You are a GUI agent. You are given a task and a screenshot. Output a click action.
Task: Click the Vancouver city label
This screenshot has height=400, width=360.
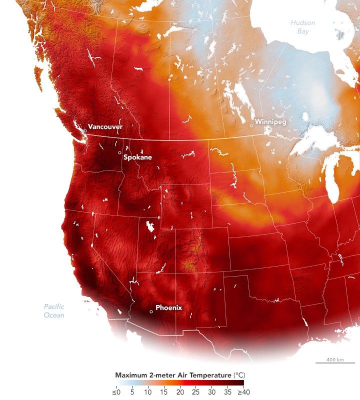(x=105, y=126)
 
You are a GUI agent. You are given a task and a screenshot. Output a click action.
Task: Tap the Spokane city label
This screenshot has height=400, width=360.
(x=137, y=157)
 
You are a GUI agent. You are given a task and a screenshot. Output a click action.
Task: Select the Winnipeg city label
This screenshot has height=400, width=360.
(x=270, y=121)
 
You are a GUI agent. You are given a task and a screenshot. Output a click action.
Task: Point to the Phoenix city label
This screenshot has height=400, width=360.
(x=168, y=307)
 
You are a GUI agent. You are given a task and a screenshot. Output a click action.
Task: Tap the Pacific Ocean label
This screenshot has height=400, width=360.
(x=54, y=311)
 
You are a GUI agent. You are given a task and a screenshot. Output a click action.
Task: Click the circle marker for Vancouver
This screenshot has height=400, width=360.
(x=85, y=130)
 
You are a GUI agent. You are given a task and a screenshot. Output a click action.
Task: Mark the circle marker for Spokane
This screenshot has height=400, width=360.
(x=120, y=152)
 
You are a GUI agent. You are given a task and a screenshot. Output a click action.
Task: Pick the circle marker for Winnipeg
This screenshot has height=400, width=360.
(x=251, y=126)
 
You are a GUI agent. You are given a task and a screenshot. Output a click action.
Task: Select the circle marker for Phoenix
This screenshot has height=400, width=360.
(x=151, y=312)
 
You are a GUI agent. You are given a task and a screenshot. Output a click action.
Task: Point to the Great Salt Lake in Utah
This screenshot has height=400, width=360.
(x=149, y=226)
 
